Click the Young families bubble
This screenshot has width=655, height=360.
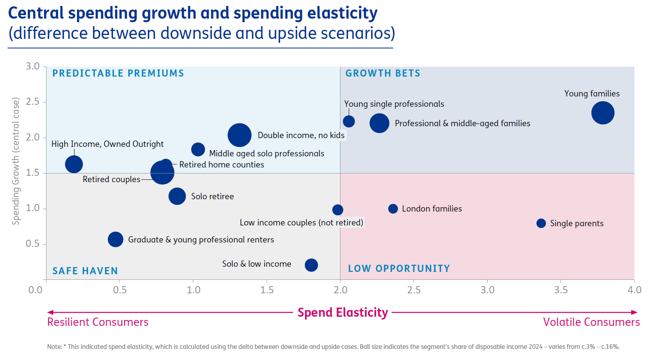[x=602, y=113]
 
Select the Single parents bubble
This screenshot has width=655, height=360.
[x=541, y=223]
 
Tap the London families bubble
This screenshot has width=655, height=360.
[x=393, y=209]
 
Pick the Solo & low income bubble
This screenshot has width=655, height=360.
[x=311, y=265]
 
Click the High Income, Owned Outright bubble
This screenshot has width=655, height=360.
[x=74, y=164]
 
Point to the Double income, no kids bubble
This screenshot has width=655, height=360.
[x=239, y=135]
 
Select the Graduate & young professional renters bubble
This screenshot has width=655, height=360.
[x=115, y=239]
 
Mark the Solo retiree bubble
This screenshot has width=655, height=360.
[x=177, y=196]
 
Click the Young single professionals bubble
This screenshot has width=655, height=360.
[x=348, y=121]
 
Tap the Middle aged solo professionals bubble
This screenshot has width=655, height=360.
[x=198, y=150]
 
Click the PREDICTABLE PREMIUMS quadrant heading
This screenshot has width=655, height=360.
[x=118, y=73]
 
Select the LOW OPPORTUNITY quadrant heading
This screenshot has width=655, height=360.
[x=399, y=269]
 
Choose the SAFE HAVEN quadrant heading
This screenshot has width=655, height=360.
[x=85, y=271]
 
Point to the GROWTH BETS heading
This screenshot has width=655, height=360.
[x=382, y=73]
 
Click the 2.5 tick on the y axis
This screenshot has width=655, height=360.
[x=33, y=102]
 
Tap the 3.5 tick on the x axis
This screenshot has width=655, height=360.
[x=561, y=290]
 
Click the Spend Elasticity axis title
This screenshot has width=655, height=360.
[x=342, y=313]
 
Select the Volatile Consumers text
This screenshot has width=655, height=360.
[x=591, y=322]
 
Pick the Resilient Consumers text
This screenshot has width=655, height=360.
[x=98, y=322]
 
